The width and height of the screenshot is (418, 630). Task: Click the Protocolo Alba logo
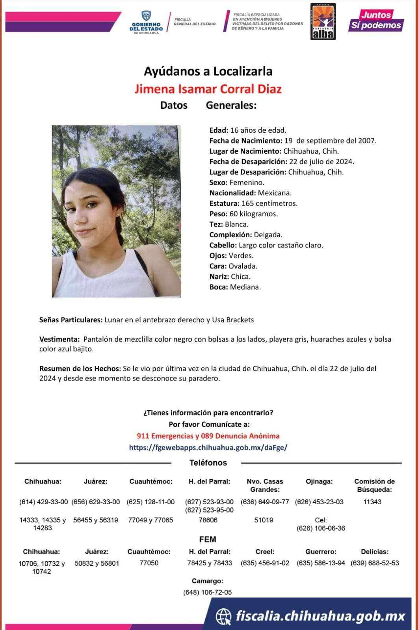[323, 22]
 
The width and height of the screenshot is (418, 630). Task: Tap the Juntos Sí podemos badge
[375, 20]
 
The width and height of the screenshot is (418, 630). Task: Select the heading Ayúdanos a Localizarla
[208, 71]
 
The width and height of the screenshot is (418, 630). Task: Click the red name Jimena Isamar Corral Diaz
[208, 89]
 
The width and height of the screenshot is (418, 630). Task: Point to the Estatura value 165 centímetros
[269, 204]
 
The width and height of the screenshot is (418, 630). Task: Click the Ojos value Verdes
[241, 256]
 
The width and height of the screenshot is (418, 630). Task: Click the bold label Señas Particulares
[71, 320]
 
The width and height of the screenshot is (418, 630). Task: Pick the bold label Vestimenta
[59, 339]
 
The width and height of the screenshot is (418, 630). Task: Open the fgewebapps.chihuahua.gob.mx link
[208, 448]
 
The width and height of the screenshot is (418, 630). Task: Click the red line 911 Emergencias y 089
[208, 436]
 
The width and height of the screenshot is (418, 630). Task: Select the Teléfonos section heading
[208, 463]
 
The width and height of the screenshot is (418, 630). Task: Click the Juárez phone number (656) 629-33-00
[96, 502]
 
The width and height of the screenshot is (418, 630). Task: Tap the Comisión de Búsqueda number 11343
[372, 502]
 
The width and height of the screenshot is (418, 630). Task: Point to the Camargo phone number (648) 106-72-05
[208, 592]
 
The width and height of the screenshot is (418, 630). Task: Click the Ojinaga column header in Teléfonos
[319, 481]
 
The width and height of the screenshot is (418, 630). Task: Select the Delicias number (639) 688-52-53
[375, 563]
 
